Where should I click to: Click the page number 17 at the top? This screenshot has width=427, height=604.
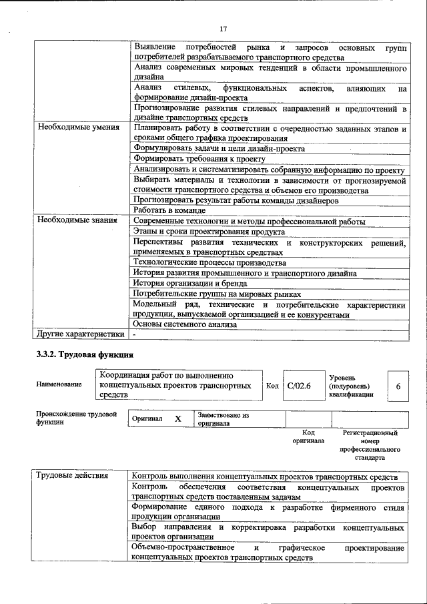point(223,29)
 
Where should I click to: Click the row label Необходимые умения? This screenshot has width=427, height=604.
point(78,127)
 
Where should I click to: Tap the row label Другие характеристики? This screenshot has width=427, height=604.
point(81,334)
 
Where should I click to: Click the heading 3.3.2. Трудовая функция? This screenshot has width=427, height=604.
point(85,355)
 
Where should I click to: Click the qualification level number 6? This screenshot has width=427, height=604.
point(398,386)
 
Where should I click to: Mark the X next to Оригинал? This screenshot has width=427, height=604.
point(177,418)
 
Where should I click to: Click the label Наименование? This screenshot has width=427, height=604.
point(59,384)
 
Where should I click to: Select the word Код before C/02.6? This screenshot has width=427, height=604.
point(272,386)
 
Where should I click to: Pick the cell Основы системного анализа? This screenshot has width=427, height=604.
point(185,324)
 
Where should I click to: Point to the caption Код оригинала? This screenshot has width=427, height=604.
point(308,436)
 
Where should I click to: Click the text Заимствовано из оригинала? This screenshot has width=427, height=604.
point(223,418)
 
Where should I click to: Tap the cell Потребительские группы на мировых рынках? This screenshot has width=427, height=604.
point(217,294)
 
